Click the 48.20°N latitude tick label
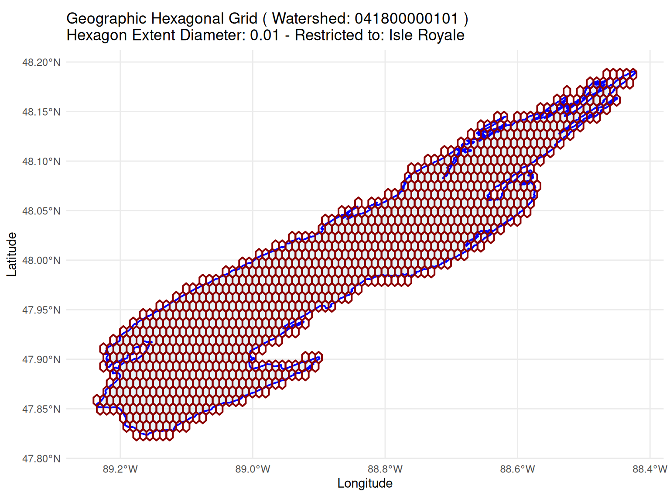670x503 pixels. [x=41, y=62]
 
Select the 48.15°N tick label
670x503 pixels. [x=41, y=112]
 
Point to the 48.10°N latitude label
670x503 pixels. [x=41, y=162]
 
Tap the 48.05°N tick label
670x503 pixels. [x=41, y=211]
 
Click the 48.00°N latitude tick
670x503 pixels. [x=41, y=261]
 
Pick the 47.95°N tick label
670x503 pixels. [x=41, y=310]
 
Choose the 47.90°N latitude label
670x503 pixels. [x=41, y=360]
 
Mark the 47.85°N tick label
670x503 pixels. [x=41, y=409]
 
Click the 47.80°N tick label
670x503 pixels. [x=41, y=459]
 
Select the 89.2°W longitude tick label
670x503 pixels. [x=120, y=469]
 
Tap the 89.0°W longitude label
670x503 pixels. [x=253, y=469]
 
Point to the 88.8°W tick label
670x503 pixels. [x=385, y=469]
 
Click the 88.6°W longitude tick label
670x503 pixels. [x=518, y=469]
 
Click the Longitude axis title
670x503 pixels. [x=365, y=484]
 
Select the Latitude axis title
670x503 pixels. [x=12, y=255]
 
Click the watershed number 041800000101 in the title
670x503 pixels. [x=407, y=19]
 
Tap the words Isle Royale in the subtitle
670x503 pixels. [x=427, y=35]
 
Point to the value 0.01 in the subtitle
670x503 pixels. [x=265, y=35]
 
